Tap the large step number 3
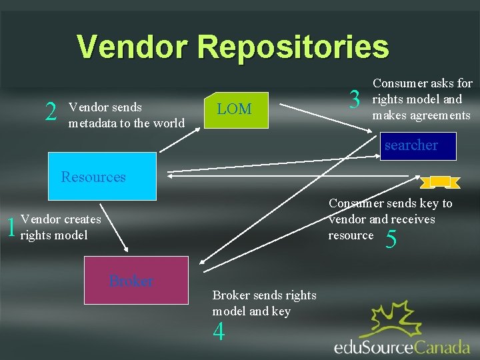(x=355, y=101)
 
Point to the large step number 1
(x=10, y=228)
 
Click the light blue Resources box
(x=101, y=177)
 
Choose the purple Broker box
(x=131, y=281)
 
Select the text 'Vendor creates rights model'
(x=61, y=227)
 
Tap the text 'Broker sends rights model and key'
(x=264, y=303)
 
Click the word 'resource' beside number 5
(x=351, y=235)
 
